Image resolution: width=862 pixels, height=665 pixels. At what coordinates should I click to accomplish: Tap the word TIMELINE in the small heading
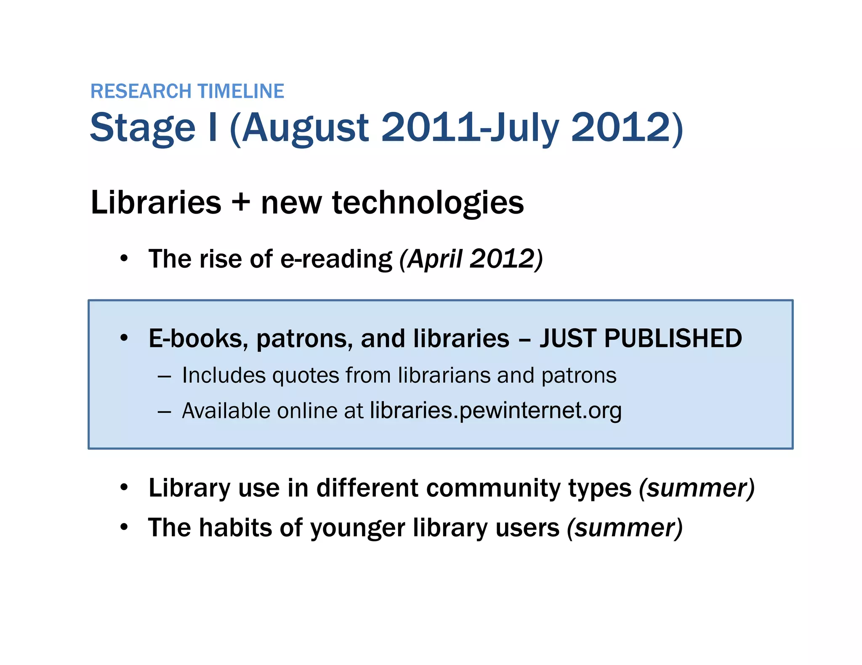(x=241, y=92)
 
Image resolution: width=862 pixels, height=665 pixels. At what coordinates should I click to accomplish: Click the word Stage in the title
(x=143, y=128)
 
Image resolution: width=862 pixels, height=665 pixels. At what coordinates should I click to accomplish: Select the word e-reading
(x=336, y=259)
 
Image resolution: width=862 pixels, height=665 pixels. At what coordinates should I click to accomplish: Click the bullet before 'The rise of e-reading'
(x=123, y=258)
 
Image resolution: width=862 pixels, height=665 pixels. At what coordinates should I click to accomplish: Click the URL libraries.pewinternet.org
(x=495, y=411)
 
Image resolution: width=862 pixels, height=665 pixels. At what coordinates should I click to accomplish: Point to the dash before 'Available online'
(x=164, y=412)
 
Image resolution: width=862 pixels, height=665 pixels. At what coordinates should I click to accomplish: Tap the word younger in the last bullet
(x=357, y=528)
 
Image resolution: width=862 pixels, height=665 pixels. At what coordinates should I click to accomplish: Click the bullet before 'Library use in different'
(x=123, y=488)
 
